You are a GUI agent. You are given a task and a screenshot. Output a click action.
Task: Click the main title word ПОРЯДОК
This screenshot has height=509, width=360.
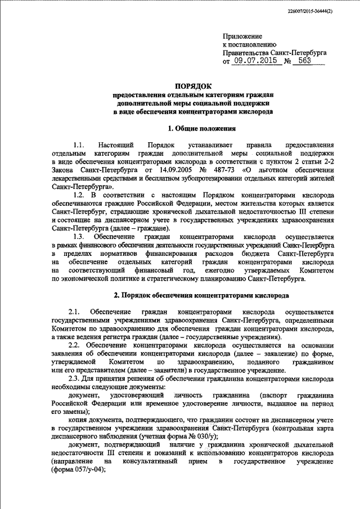[x=193, y=86]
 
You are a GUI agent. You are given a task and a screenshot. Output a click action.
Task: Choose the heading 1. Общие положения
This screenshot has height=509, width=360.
[x=193, y=129]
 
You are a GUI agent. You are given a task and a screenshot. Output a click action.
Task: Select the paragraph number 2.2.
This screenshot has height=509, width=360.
[x=75, y=344]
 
